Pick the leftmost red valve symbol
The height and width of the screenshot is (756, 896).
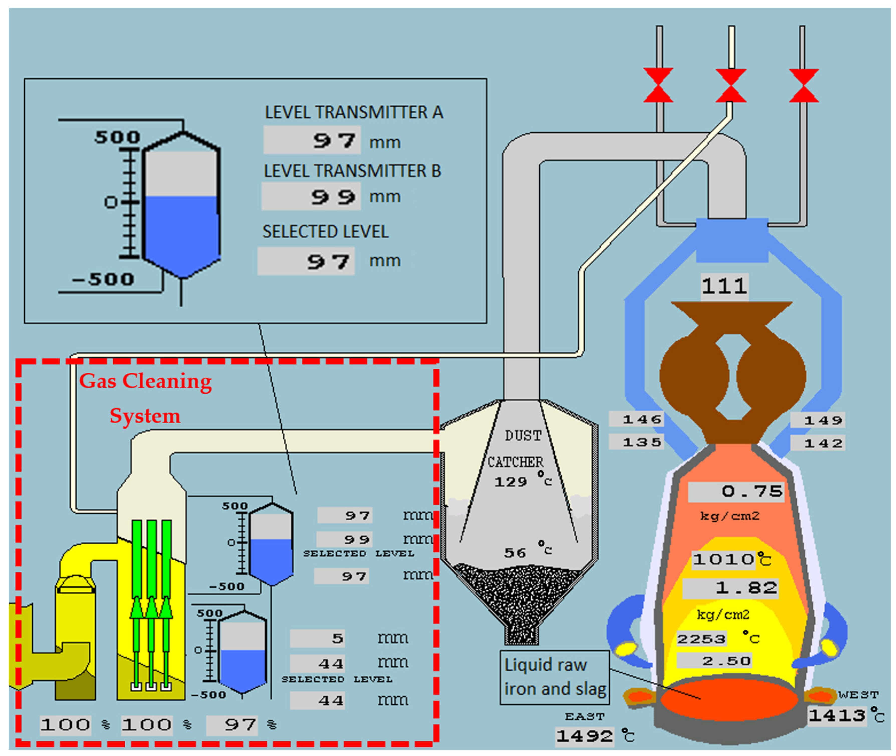coord(658,85)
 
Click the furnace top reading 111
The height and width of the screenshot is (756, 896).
coord(724,286)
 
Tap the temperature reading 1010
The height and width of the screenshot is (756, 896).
coord(724,559)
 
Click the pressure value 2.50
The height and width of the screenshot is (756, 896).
coord(714,660)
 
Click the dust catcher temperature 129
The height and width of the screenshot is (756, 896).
coord(510,482)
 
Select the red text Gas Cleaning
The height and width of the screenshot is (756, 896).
coord(145,381)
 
